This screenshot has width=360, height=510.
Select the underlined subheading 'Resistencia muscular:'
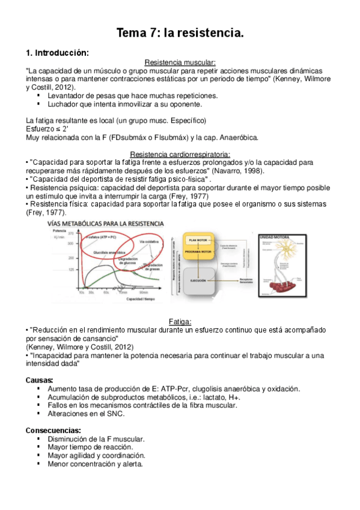[x=180, y=63]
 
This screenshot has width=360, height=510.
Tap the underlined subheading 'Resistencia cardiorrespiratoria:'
[x=180, y=154]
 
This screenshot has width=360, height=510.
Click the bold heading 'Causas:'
[x=40, y=380]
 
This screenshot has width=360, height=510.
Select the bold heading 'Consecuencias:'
[x=53, y=431]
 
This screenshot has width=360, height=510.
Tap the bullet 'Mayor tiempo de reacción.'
[x=90, y=447]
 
